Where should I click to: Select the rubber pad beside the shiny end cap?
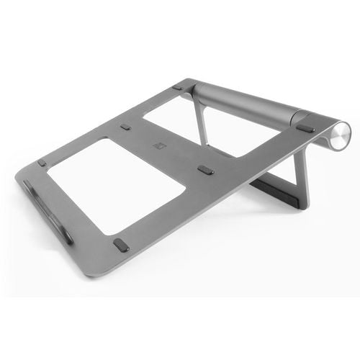tap(305, 129)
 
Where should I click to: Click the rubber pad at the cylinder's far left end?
tap(177, 87)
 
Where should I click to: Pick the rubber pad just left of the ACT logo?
tap(126, 127)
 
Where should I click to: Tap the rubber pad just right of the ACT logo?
tap(205, 171)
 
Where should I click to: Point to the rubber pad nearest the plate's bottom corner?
tap(121, 245)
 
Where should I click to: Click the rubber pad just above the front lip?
tap(42, 163)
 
